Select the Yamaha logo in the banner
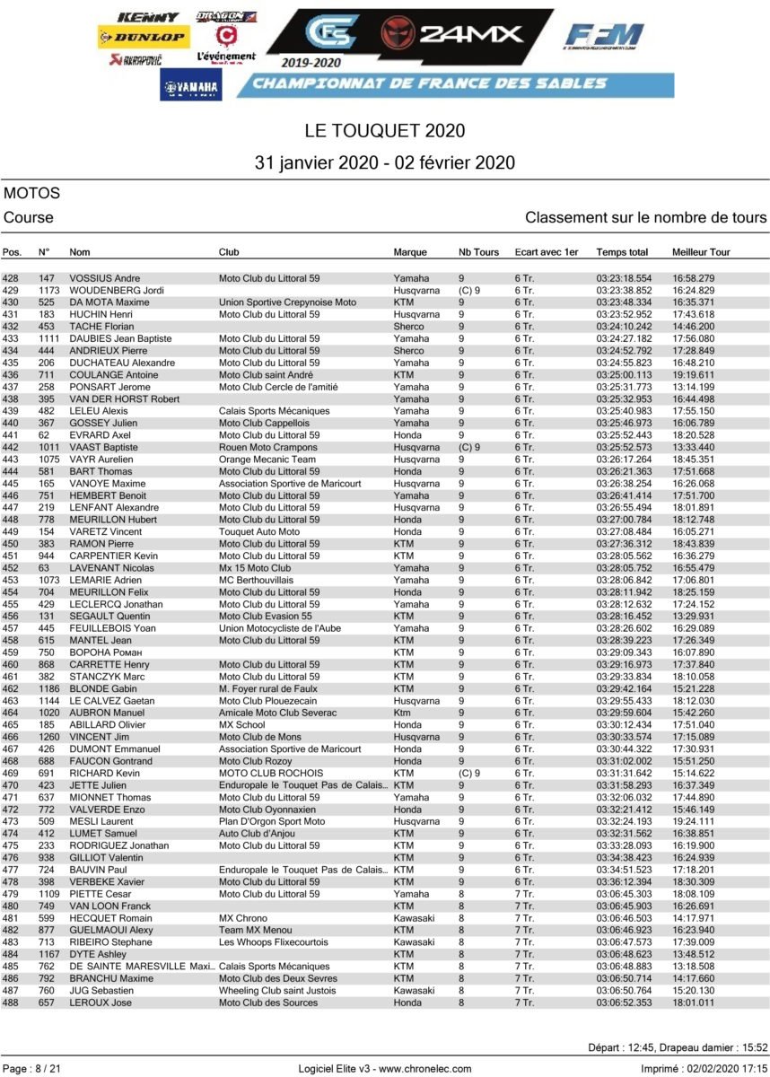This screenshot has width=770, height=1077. coord(191,86)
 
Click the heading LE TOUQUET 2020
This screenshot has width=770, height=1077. coord(385,131)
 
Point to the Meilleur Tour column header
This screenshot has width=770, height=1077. coord(701,252)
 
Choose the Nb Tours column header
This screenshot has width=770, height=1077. coord(478,252)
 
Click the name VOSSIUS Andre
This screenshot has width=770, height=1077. coord(104,278)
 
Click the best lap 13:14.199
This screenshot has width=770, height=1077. coord(694,387)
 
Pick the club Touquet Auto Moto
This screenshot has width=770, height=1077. coord(259,532)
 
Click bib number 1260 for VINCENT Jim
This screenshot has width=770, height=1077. coord(49,737)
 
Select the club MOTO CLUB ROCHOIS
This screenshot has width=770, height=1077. coord(271,774)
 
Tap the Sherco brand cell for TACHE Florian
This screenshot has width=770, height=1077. coord(408,327)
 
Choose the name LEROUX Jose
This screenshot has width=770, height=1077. coord(101,1003)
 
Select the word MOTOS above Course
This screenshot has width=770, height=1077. coord(32,193)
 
